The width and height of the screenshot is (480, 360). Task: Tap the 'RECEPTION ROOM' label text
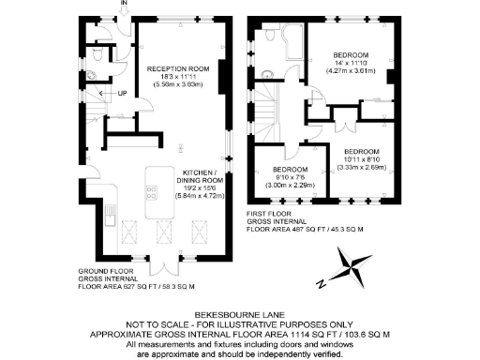(x=178, y=68)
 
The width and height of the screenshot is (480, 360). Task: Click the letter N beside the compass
(x=321, y=282)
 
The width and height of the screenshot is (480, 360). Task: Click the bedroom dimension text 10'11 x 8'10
(x=361, y=160)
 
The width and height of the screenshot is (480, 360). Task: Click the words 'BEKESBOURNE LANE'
(x=239, y=315)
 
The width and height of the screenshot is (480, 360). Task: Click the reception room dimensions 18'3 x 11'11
(x=178, y=77)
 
